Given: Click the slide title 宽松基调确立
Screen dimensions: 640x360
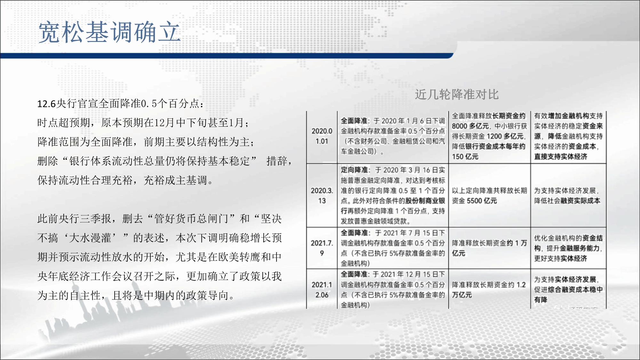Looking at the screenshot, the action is pyautogui.click(x=109, y=32).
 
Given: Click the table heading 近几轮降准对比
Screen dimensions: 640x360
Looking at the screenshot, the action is pyautogui.click(x=457, y=94).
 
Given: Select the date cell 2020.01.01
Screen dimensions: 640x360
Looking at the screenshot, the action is pyautogui.click(x=322, y=136).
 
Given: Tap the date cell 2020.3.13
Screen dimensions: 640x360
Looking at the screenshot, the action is pyautogui.click(x=322, y=196).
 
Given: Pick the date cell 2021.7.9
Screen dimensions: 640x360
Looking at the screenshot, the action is pyautogui.click(x=322, y=248).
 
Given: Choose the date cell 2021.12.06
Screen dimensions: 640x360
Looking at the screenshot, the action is pyautogui.click(x=322, y=290).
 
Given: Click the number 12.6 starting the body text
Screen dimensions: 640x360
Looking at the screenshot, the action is pyautogui.click(x=47, y=104).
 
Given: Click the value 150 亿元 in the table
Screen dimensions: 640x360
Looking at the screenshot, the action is pyautogui.click(x=465, y=156).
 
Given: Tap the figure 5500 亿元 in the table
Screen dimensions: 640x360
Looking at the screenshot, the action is pyautogui.click(x=482, y=201).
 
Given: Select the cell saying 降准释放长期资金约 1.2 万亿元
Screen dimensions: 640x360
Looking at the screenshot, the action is pyautogui.click(x=489, y=290).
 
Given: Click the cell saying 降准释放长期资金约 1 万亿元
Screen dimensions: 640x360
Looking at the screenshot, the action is pyautogui.click(x=489, y=248).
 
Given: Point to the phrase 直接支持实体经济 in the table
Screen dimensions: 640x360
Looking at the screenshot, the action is pyautogui.click(x=561, y=156).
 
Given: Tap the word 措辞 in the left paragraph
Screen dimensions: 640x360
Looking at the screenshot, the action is pyautogui.click(x=277, y=161).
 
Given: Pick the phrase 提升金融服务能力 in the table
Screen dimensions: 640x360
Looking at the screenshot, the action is pyautogui.click(x=573, y=248).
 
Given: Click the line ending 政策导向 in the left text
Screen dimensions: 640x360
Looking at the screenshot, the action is pyautogui.click(x=136, y=295).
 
